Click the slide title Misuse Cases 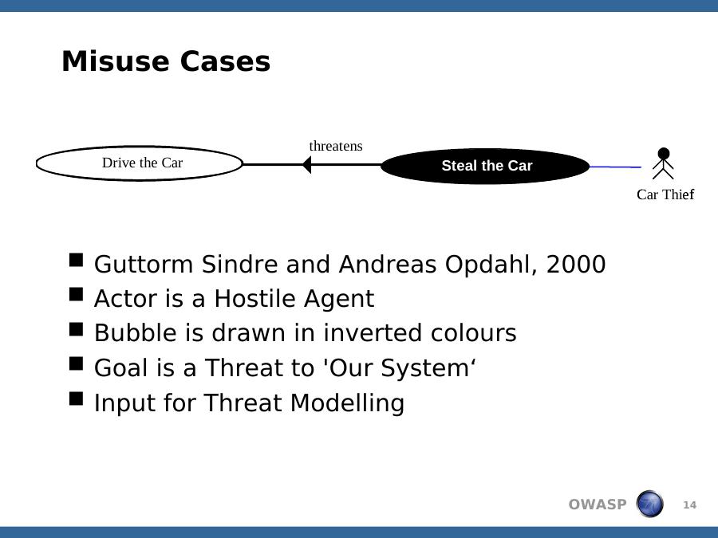(166, 61)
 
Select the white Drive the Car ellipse (139, 163)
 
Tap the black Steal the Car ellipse (485, 166)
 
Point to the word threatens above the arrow (336, 146)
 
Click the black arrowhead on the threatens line (307, 165)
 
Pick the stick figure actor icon (663, 163)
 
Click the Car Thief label (665, 194)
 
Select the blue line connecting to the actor (615, 167)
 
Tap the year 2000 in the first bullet (576, 265)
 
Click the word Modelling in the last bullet (347, 403)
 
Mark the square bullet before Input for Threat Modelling (77, 399)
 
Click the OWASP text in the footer (597, 505)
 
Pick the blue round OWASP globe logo (649, 504)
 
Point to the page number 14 (689, 505)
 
